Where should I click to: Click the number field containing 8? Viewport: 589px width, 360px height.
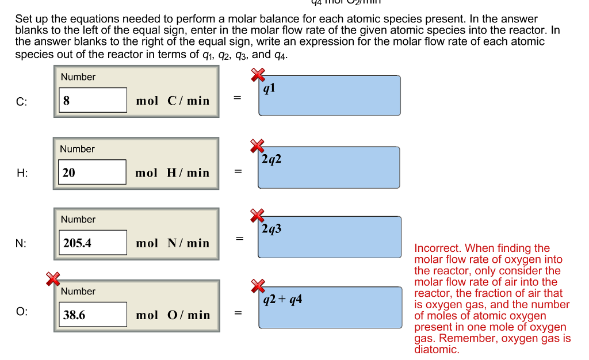pos(93,100)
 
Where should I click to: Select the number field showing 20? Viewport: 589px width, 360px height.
pos(92,172)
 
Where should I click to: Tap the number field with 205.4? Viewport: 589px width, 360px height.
pos(93,243)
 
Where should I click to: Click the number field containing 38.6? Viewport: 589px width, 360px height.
pos(93,315)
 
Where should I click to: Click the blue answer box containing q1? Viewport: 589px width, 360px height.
pos(329,95)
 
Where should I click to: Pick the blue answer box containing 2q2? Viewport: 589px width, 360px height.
pos(329,167)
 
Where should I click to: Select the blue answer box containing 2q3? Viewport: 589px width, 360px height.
pos(329,237)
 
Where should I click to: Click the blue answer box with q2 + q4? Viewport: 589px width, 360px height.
pos(329,308)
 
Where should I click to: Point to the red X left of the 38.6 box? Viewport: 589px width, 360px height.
pos(53,278)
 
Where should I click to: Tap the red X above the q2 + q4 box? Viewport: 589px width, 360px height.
pos(258,285)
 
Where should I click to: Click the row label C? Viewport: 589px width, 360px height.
pos(21,102)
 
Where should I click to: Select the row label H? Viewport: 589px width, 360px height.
pos(21,173)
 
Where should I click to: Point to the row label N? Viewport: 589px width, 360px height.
pos(21,243)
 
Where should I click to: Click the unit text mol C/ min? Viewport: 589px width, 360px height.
pos(173,101)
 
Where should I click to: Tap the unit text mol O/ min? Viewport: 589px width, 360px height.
pos(173,315)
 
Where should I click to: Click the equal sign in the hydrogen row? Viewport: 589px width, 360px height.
pos(238,172)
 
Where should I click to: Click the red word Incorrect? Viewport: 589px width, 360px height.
pos(437,248)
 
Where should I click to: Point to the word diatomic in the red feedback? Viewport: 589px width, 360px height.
pos(437,349)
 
